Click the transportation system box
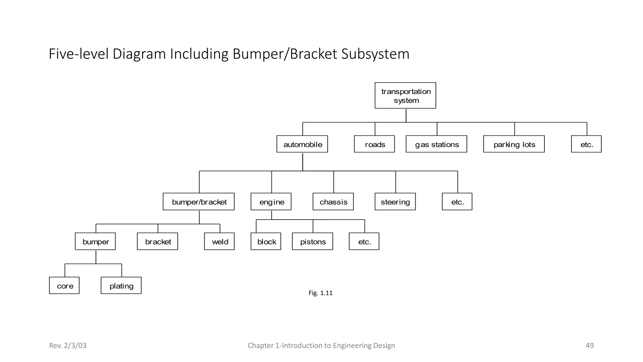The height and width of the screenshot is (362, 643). (405, 96)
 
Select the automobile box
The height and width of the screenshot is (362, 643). (302, 144)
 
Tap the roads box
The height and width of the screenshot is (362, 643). (374, 144)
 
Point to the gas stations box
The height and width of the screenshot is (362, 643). (436, 144)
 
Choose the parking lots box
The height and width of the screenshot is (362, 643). (514, 144)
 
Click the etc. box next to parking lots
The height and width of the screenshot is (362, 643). (586, 144)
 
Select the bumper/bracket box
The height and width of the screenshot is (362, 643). (199, 202)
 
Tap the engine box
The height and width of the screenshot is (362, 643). (271, 202)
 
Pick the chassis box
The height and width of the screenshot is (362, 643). (333, 202)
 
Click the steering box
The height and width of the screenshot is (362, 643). (395, 202)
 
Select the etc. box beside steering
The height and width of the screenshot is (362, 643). (457, 202)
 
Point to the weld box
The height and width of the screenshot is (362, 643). (219, 241)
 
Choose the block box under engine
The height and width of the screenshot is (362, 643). (266, 241)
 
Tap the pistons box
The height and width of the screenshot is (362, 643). (312, 241)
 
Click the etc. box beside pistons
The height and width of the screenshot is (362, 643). (364, 241)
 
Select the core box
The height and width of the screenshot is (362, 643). (64, 286)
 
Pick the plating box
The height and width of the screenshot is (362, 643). (121, 286)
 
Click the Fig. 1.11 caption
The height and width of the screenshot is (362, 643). (321, 293)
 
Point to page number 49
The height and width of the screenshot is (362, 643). (590, 345)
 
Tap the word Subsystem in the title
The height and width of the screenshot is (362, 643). (375, 54)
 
